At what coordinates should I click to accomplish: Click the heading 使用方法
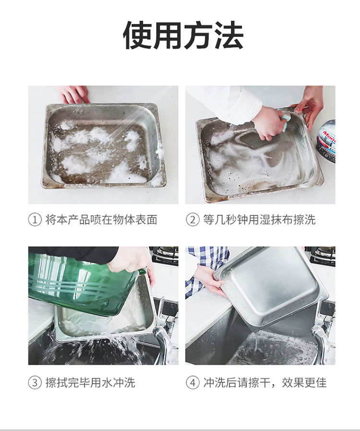tap(183, 36)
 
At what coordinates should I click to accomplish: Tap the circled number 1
tap(35, 220)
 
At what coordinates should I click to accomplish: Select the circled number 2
tap(192, 220)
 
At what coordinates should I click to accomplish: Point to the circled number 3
tap(35, 383)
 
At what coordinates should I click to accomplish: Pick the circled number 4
tap(192, 383)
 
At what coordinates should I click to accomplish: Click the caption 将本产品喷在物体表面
tap(101, 220)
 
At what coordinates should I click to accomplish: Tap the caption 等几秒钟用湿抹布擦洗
tap(259, 220)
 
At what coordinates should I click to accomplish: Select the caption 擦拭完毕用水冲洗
tap(90, 383)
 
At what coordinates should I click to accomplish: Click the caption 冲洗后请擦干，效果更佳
tap(265, 383)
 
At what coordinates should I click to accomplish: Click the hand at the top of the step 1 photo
tap(75, 94)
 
